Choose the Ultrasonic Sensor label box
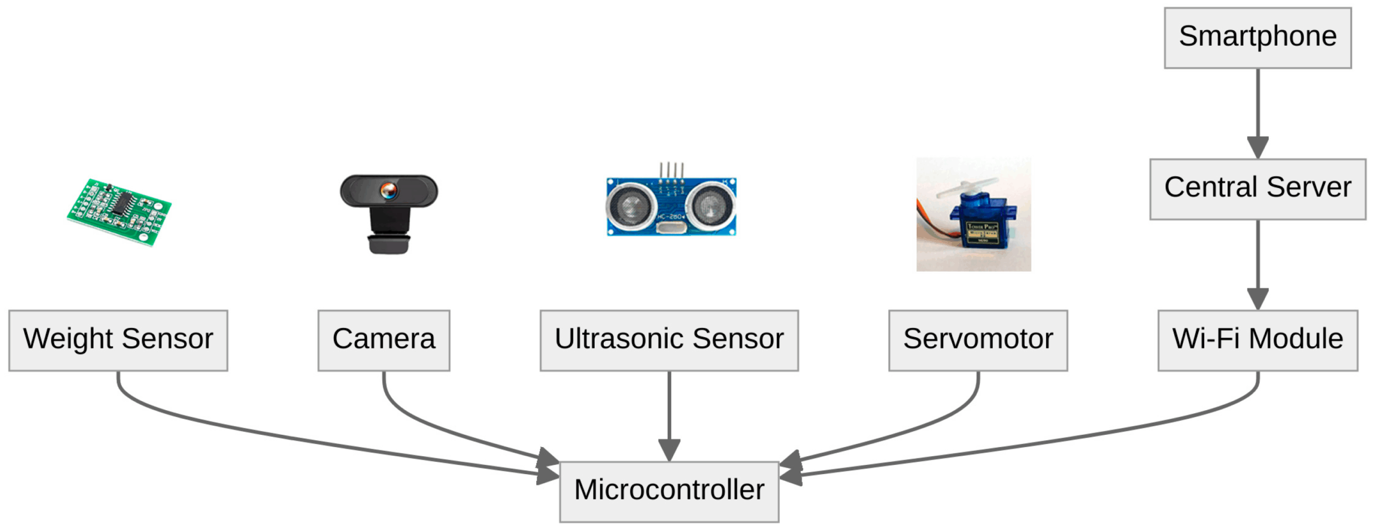pos(668,340)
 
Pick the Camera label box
pos(383,340)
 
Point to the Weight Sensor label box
pos(118,340)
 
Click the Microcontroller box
pos(668,491)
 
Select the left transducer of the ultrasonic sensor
pos(631,206)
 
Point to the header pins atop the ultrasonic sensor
pos(671,173)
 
